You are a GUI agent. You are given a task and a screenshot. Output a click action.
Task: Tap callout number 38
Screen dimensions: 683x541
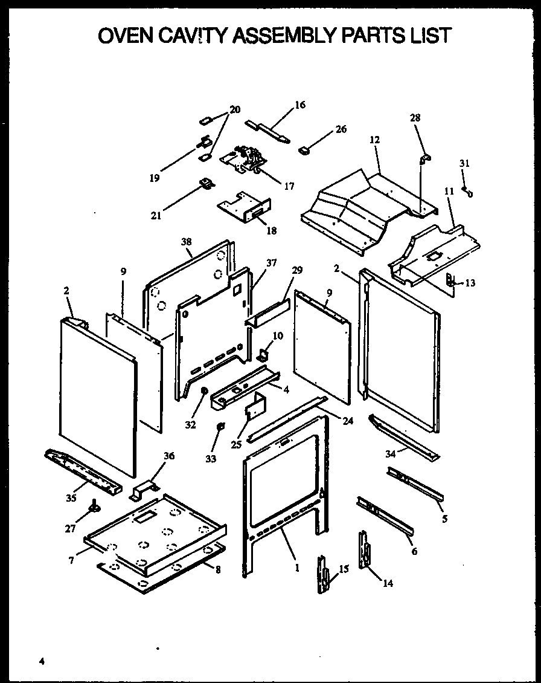click(x=185, y=242)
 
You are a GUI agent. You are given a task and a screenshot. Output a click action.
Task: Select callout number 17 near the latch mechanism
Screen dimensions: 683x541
click(x=289, y=186)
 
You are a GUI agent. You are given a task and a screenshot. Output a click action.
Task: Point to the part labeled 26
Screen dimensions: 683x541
click(x=304, y=148)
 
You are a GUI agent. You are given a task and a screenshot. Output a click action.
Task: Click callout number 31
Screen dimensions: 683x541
click(x=464, y=163)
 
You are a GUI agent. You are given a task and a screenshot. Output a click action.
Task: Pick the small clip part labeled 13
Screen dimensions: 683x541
click(x=450, y=280)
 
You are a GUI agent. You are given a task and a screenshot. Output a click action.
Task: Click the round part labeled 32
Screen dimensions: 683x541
click(x=203, y=391)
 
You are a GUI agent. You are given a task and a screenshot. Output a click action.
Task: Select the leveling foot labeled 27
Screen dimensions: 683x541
click(x=94, y=506)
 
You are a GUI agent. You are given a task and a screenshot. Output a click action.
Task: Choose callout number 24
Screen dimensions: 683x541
click(x=347, y=421)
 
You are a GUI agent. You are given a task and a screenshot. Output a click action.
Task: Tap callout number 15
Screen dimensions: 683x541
click(x=344, y=569)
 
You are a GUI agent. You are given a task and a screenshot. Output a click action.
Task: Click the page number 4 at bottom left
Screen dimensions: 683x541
click(x=42, y=661)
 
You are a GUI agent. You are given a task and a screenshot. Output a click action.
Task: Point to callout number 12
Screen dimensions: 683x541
click(x=374, y=140)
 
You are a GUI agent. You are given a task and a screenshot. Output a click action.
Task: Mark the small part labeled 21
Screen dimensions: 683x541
click(x=206, y=183)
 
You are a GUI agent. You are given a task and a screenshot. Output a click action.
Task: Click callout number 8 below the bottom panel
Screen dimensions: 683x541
click(x=217, y=569)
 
